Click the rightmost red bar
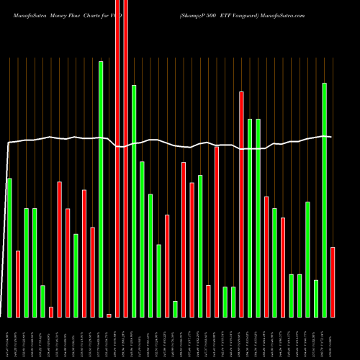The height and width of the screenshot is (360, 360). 333,282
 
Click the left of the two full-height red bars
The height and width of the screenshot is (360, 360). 117,158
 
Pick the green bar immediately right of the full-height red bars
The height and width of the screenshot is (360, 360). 134,201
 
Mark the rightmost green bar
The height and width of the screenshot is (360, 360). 325,199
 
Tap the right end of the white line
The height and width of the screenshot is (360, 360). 330,137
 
